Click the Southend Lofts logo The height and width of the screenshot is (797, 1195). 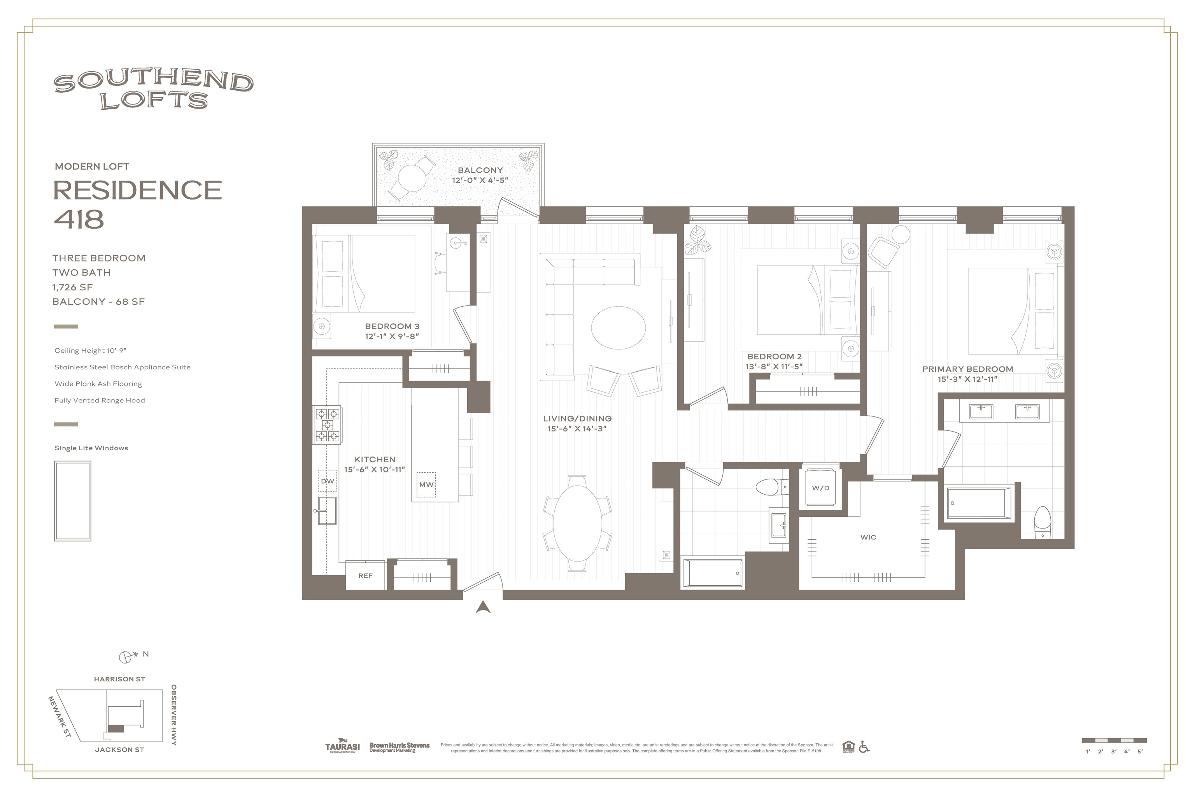click(x=153, y=90)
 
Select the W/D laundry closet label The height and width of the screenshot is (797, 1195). click(x=820, y=488)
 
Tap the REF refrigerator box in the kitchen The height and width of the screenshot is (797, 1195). click(x=365, y=576)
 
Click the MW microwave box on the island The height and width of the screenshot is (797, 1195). click(x=426, y=485)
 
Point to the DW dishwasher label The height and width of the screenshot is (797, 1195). click(x=327, y=481)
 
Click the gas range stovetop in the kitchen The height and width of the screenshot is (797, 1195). click(x=327, y=425)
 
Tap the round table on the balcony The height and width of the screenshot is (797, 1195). click(x=412, y=178)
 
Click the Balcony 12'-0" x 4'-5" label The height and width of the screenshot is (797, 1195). click(x=480, y=175)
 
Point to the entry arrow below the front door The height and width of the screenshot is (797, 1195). click(x=483, y=607)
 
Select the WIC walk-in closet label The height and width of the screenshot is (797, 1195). click(x=868, y=537)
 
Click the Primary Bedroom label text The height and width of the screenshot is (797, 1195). click(x=967, y=369)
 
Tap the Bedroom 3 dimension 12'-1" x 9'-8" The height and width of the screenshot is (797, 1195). click(x=391, y=337)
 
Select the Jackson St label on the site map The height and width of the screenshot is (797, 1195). click(x=119, y=750)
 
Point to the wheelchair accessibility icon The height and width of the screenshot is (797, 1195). click(x=864, y=747)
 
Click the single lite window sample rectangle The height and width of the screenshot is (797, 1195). click(x=73, y=501)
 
